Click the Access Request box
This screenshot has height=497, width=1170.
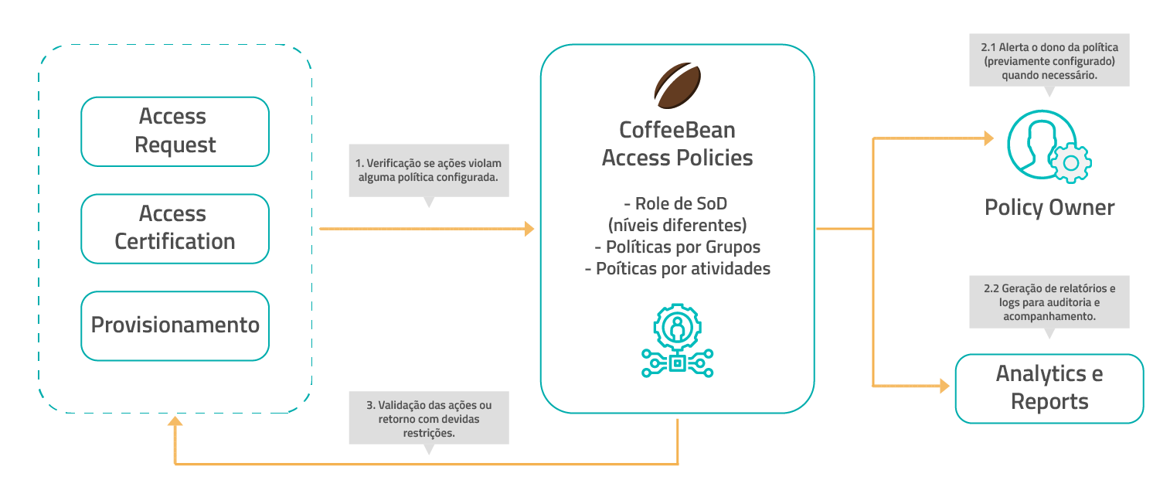[175, 131]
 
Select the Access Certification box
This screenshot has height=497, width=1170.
[175, 228]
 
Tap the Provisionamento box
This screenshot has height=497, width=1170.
[175, 325]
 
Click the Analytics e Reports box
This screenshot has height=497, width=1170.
[1049, 388]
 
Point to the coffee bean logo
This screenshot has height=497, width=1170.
[677, 85]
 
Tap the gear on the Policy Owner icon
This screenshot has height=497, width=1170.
[1070, 162]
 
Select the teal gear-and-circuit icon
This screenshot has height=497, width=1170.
[677, 341]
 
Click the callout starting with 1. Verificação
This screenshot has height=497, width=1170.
[429, 170]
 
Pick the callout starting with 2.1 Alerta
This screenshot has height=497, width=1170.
[1049, 59]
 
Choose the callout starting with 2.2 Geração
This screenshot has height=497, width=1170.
[1049, 301]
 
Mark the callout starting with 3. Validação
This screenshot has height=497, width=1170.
[429, 419]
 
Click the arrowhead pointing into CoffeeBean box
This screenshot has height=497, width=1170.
[529, 229]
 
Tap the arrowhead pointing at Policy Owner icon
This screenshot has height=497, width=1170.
[988, 139]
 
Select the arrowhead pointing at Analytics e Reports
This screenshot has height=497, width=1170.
[944, 386]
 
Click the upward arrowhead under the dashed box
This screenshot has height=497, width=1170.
[175, 422]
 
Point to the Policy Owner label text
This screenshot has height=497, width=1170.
[1049, 207]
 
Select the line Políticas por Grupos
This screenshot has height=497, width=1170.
[677, 247]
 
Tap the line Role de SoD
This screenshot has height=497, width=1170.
[677, 204]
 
